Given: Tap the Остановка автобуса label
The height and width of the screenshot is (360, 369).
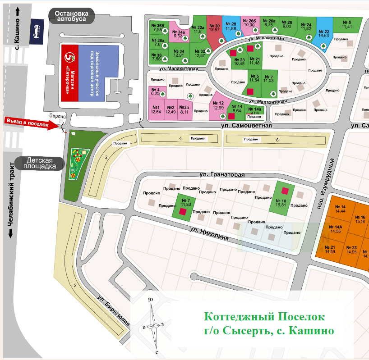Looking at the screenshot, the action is click(74, 17).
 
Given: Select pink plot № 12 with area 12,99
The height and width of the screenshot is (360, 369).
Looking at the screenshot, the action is click(218, 105).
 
